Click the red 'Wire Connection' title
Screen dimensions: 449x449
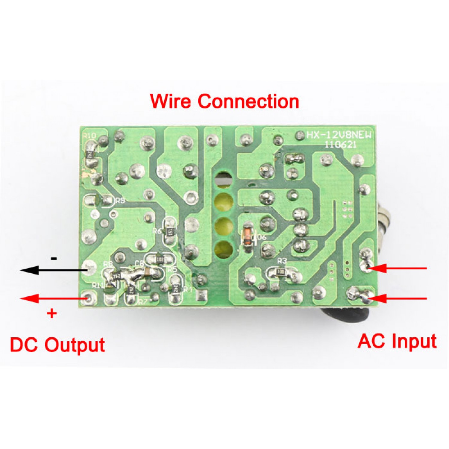point(224,101)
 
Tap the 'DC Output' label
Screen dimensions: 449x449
point(57,345)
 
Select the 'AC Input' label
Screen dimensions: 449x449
point(397,341)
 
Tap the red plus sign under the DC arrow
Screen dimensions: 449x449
point(52,313)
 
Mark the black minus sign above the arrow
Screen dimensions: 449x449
point(54,258)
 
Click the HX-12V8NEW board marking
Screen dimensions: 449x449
point(339,135)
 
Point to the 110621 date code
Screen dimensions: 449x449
point(341,145)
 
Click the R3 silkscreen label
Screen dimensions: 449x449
point(282,261)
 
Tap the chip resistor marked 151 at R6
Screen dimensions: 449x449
point(170,232)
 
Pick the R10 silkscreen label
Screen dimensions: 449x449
point(90,136)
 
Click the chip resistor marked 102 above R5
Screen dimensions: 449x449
point(160,259)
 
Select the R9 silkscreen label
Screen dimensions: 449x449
point(120,201)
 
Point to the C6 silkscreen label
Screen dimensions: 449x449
point(139,263)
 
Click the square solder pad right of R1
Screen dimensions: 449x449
point(202,295)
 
